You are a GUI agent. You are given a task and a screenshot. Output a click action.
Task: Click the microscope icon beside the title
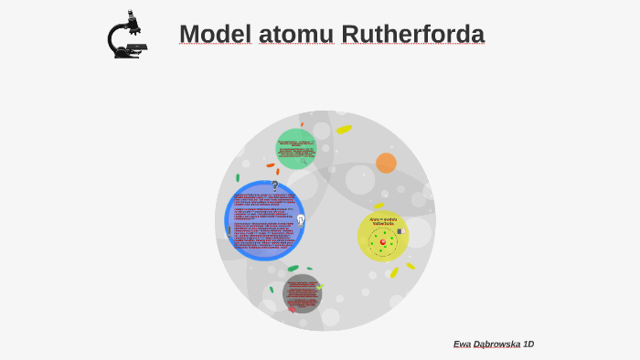[x=127, y=35]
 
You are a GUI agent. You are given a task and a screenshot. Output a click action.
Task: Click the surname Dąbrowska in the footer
[x=498, y=344]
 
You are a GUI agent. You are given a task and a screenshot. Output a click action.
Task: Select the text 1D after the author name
[x=528, y=344]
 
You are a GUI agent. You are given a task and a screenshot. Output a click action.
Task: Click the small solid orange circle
[x=386, y=163]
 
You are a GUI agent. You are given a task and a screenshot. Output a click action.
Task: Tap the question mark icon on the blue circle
[x=274, y=185]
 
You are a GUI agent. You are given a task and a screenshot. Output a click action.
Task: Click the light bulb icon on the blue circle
[x=300, y=219]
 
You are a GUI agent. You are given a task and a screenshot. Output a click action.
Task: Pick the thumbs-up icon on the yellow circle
[x=400, y=231]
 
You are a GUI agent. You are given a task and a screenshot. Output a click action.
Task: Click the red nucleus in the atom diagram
[x=383, y=242]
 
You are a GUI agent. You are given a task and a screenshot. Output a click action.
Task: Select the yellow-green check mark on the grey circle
[x=319, y=287]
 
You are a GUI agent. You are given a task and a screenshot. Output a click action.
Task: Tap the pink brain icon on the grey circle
[x=292, y=309]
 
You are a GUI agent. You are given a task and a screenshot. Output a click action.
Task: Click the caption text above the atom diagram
[x=382, y=221]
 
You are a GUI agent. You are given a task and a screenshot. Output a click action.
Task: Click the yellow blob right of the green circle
[x=344, y=130]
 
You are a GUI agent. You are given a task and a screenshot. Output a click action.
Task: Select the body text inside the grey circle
[x=303, y=294]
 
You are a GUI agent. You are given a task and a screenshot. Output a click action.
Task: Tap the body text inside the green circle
[x=296, y=149]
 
